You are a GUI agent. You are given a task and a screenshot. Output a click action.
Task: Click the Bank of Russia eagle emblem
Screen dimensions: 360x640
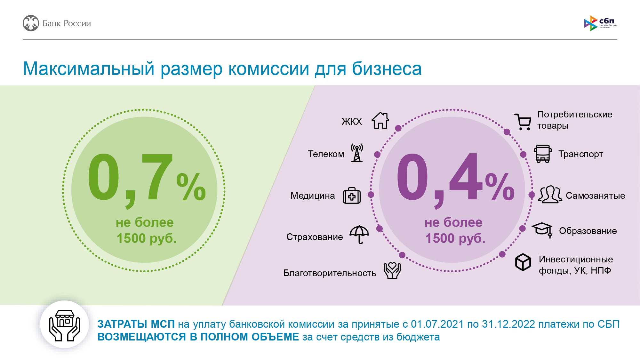(x=31, y=23)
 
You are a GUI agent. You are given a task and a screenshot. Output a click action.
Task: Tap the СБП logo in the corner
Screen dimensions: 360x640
(x=600, y=23)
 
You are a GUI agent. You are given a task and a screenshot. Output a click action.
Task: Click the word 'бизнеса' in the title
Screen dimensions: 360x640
(x=387, y=68)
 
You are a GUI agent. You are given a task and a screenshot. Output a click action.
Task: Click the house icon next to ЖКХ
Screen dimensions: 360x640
(x=380, y=121)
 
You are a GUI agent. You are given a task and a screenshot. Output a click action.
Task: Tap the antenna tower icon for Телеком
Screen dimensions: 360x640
(x=357, y=153)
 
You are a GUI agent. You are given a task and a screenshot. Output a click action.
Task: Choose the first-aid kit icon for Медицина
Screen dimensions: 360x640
(x=351, y=196)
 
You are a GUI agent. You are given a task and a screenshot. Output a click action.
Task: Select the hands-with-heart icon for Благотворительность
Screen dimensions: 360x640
(x=392, y=270)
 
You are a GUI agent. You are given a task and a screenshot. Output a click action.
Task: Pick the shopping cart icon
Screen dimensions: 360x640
(x=523, y=122)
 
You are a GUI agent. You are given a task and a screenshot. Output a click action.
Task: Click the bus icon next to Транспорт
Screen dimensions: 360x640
(x=543, y=154)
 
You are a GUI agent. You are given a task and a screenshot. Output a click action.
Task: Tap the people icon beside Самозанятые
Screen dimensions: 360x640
(x=550, y=195)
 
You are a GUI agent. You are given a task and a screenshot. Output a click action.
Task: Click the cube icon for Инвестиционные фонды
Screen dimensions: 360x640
(x=523, y=262)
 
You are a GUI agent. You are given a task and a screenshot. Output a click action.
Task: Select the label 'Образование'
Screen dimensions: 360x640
(x=588, y=231)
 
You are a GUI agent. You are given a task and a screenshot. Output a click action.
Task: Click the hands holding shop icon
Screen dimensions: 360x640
(x=64, y=324)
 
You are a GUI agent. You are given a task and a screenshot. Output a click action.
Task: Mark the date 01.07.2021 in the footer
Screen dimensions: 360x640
(x=437, y=324)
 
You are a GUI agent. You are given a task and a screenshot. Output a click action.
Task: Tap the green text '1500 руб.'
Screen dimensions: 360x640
(x=146, y=238)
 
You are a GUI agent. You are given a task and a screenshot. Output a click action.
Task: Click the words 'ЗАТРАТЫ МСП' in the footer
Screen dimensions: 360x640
(x=136, y=324)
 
